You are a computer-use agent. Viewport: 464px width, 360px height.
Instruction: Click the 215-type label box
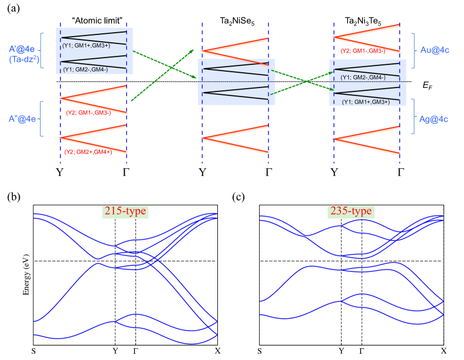(x=124, y=212)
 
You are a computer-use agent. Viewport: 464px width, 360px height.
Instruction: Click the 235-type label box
(x=351, y=212)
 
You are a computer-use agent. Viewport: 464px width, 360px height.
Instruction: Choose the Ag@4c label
(x=434, y=119)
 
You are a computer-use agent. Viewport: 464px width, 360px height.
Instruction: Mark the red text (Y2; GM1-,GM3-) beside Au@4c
(x=363, y=51)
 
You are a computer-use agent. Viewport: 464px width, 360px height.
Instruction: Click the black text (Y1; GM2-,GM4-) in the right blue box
(x=363, y=77)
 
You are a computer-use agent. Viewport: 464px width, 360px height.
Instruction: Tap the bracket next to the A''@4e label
(x=41, y=119)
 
